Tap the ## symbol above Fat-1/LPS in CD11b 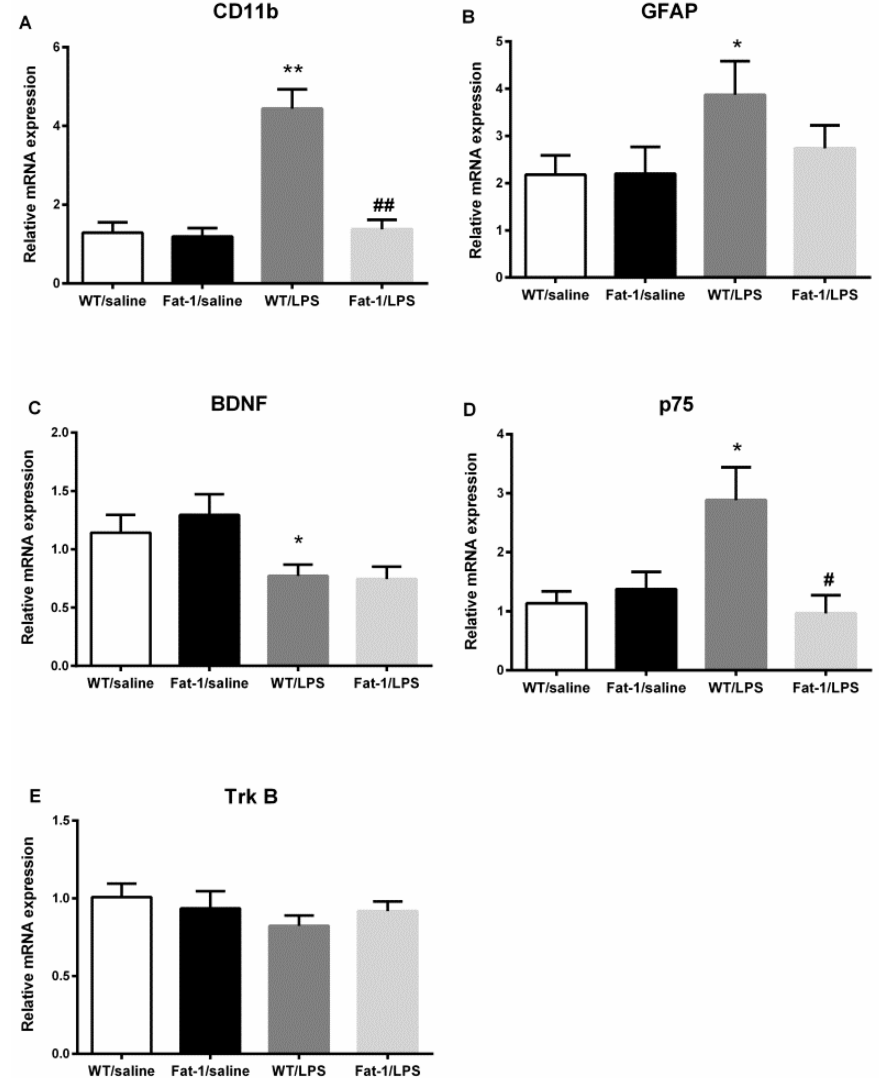383,205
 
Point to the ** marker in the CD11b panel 293,69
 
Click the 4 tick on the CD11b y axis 57,126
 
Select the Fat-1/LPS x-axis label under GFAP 824,295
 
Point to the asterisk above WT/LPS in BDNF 298,540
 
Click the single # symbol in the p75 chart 828,579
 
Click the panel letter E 34,796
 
